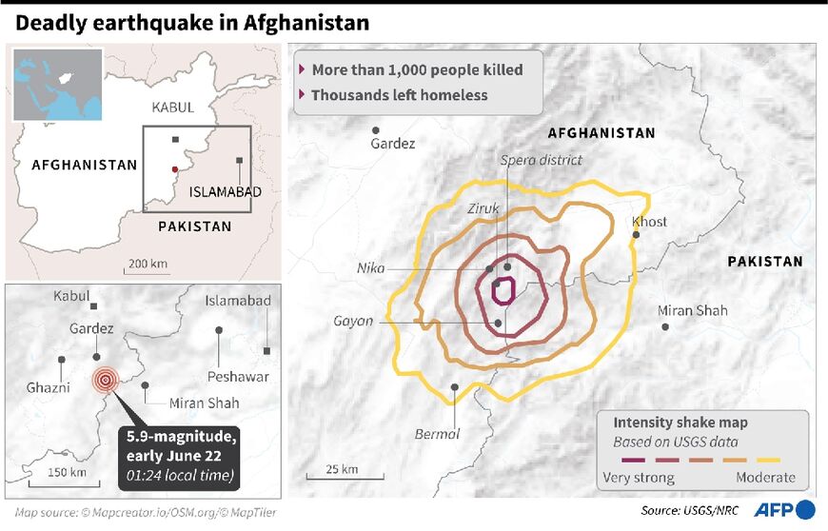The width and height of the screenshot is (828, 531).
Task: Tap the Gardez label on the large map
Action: click(392, 144)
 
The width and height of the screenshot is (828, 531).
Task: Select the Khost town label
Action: click(649, 222)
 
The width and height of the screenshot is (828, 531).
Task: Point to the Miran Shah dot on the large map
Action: click(665, 326)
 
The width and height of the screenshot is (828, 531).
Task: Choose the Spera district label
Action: click(541, 160)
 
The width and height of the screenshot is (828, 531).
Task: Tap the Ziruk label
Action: click(483, 208)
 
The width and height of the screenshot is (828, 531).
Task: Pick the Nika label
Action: click(370, 268)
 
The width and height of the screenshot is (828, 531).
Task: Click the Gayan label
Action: click(353, 321)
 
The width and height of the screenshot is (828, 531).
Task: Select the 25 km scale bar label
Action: click(343, 468)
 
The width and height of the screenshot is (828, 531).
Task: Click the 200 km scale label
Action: click(148, 264)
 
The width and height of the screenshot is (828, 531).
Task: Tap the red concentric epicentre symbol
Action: click(105, 381)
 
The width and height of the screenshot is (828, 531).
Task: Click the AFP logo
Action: click(785, 510)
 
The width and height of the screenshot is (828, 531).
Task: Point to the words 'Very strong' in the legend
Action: click(639, 478)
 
